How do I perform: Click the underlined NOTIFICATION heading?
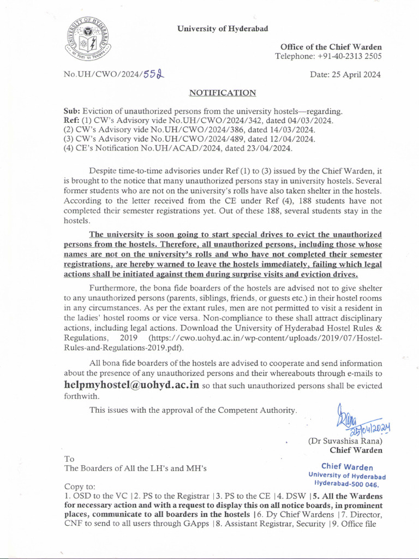[x=223, y=93]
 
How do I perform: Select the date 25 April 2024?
[x=346, y=75]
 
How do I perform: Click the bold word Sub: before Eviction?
[x=71, y=111]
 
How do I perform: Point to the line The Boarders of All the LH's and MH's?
[x=135, y=468]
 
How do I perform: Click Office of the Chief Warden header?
[x=331, y=47]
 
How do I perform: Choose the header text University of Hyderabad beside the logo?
[x=223, y=29]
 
